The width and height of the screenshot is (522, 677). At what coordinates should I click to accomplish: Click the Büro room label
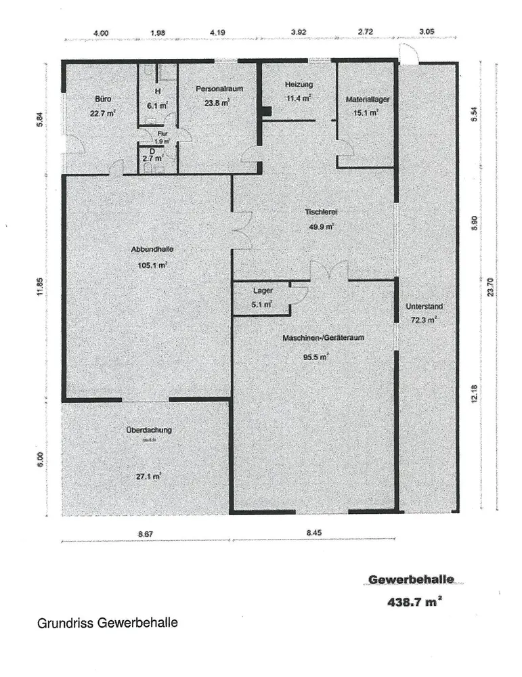tap(103, 98)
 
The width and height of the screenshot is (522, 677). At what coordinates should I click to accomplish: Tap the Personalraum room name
tap(219, 89)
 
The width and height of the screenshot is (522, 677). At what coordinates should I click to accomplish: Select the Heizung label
tap(299, 85)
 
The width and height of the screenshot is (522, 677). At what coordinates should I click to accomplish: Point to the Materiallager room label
tap(367, 99)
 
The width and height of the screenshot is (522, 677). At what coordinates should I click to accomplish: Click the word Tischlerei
tap(320, 213)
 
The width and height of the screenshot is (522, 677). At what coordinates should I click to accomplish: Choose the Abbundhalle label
tap(148, 250)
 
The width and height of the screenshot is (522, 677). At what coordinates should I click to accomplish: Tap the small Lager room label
tap(263, 290)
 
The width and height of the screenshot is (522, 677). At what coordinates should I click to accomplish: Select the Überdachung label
tap(148, 430)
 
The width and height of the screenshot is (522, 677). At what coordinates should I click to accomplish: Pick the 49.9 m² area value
tap(321, 227)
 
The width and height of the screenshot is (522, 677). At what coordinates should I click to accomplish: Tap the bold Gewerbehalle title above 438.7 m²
tap(411, 580)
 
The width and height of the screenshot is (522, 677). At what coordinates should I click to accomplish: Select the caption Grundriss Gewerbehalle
tap(107, 623)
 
